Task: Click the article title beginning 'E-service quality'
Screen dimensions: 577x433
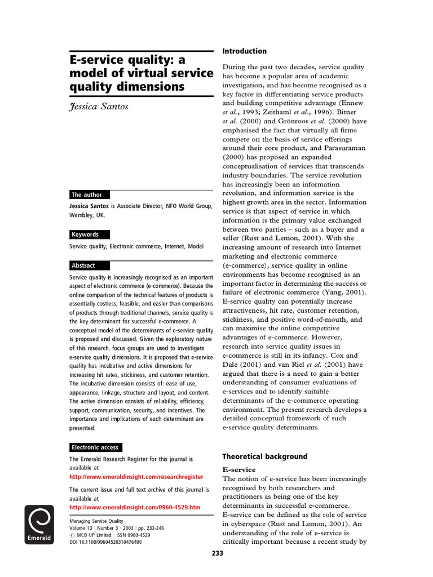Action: [140, 73]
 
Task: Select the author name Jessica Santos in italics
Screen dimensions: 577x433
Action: [97, 106]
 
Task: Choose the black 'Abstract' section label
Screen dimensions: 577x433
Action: [83, 265]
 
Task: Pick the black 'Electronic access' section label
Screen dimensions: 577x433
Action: [95, 447]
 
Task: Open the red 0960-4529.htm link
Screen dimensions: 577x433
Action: [135, 507]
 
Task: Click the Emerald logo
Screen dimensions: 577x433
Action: [39, 524]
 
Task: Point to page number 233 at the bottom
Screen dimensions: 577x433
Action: [217, 553]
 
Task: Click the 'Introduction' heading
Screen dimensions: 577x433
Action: [244, 51]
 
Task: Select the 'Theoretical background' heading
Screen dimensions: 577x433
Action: [264, 456]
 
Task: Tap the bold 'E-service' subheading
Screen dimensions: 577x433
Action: [239, 469]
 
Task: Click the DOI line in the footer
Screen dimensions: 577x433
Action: [105, 542]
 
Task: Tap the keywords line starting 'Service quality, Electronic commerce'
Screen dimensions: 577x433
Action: [136, 246]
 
